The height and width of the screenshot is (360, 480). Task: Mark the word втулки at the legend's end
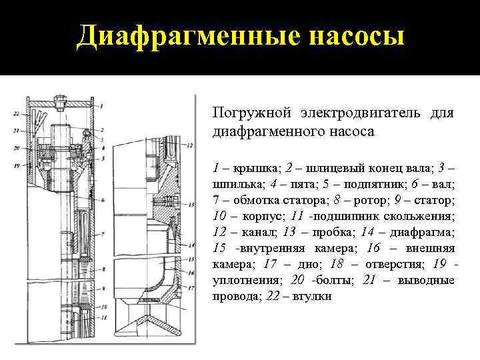tap(313, 297)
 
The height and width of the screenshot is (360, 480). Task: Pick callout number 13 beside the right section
tap(191, 203)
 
